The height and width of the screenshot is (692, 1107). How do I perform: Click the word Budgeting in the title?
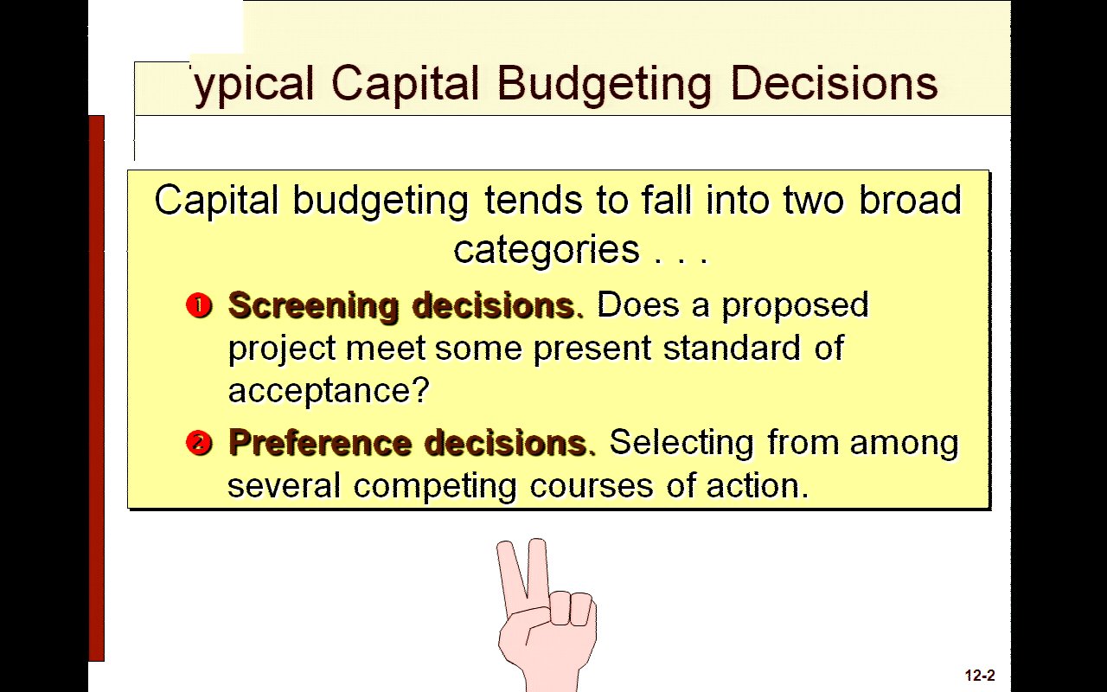[604, 85]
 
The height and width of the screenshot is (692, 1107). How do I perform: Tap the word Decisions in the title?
[834, 83]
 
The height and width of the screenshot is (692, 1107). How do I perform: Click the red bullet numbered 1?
[199, 305]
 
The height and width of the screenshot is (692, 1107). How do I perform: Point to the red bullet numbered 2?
[199, 442]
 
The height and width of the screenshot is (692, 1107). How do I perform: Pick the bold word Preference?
[320, 442]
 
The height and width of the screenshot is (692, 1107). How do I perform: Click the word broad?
[911, 200]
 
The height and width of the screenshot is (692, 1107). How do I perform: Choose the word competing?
[435, 487]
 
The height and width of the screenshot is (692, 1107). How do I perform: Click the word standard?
[732, 348]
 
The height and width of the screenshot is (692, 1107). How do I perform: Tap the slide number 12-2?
[980, 676]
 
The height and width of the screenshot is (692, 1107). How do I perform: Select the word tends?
[534, 200]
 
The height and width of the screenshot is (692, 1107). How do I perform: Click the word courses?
[592, 487]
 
